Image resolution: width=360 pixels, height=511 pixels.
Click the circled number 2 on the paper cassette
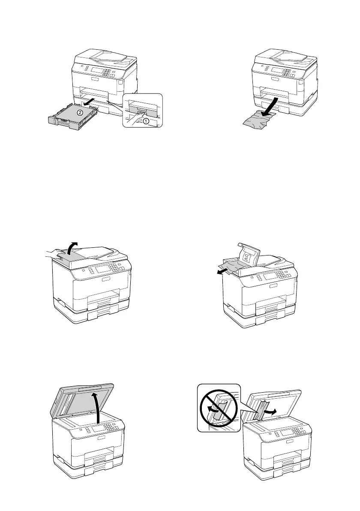click(80, 113)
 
